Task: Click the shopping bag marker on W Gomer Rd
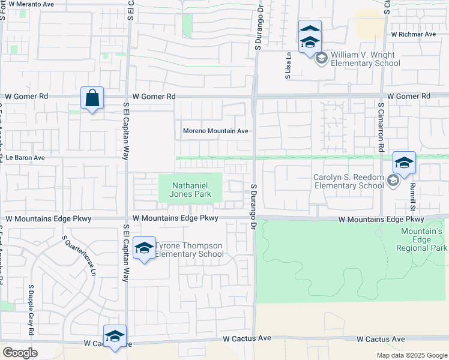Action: pos(92,98)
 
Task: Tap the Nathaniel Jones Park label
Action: pos(190,190)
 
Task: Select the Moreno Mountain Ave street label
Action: pos(215,131)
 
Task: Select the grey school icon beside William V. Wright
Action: pos(321,58)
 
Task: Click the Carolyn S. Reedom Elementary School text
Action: pos(348,181)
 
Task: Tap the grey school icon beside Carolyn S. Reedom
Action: pos(393,181)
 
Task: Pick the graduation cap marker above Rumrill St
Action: pos(404,163)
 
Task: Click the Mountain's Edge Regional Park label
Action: pos(421,239)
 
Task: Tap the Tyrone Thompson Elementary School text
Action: pos(189,250)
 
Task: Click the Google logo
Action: pos(20,352)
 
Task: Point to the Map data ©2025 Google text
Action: pos(411,355)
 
